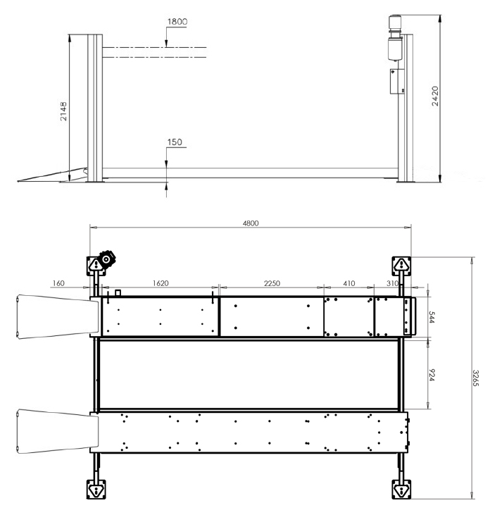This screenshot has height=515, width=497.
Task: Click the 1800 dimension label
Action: click(x=177, y=22)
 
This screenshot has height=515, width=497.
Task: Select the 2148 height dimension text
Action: click(x=63, y=111)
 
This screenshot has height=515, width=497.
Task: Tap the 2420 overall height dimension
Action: click(x=435, y=96)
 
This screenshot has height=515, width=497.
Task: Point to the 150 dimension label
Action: click(x=175, y=142)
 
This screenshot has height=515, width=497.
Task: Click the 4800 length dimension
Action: click(x=251, y=223)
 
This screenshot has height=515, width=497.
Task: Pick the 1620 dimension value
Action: click(x=161, y=283)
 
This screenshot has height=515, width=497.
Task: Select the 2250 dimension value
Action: click(x=272, y=283)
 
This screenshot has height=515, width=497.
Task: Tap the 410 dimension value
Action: click(x=349, y=283)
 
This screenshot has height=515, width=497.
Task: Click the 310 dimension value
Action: click(x=393, y=283)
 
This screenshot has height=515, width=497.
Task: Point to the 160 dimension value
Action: click(x=58, y=283)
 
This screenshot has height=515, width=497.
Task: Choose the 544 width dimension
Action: click(x=432, y=317)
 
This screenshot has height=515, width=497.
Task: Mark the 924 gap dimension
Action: click(x=432, y=375)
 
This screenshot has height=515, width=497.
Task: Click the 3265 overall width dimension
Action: click(x=476, y=378)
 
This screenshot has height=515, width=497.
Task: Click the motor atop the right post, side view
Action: click(x=396, y=38)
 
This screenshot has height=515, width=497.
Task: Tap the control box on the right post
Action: click(x=397, y=81)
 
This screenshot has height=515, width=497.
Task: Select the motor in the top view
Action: click(x=107, y=259)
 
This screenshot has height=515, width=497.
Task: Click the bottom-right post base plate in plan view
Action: click(x=401, y=490)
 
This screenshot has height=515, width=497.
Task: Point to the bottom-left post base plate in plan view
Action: click(x=96, y=490)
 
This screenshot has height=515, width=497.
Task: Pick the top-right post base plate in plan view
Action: click(x=401, y=266)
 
